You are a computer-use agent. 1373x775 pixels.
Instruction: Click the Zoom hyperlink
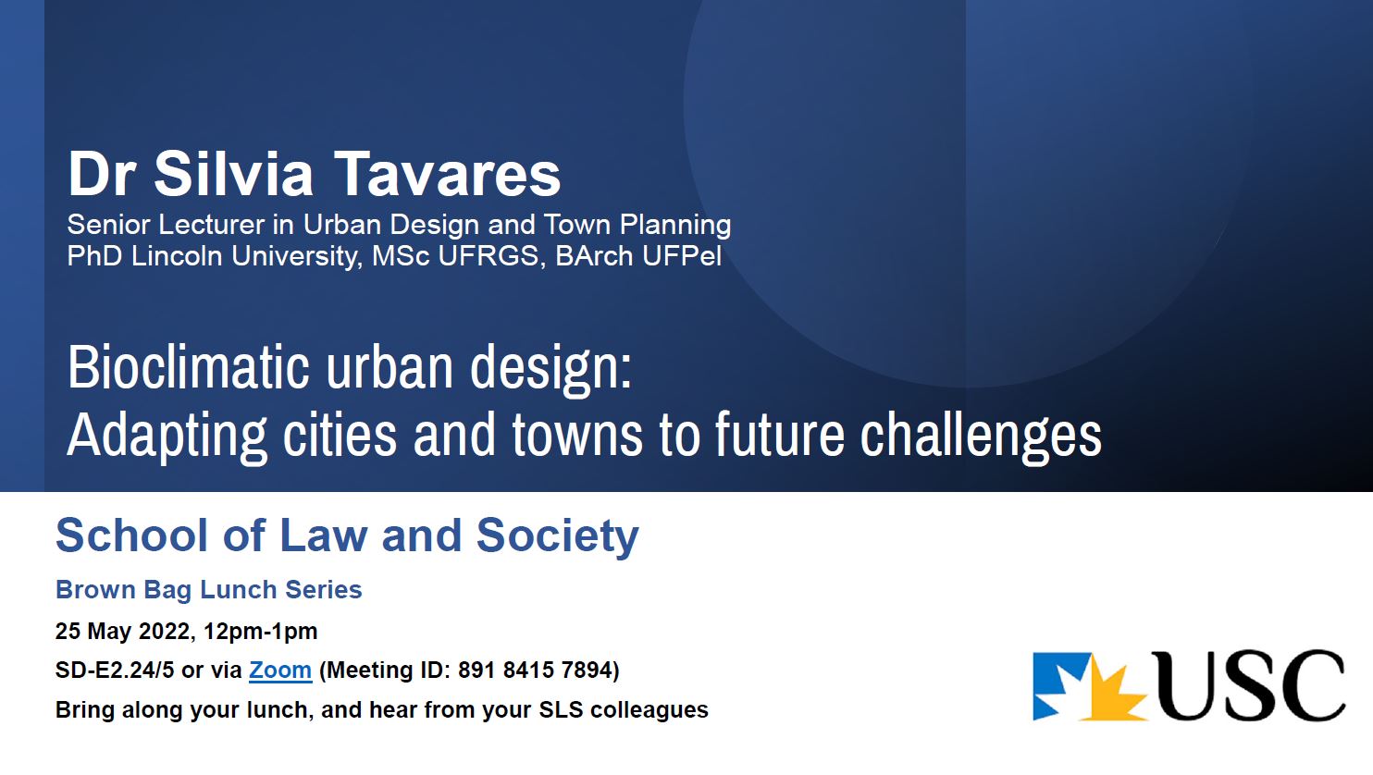point(280,670)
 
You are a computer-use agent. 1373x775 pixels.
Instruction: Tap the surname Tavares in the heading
point(447,174)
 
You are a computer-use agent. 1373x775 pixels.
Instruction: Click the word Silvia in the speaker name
point(233,174)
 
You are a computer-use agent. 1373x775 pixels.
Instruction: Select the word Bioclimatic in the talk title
point(188,367)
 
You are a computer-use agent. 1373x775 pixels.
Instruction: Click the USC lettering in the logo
point(1248,685)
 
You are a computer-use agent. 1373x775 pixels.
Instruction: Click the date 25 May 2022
point(125,631)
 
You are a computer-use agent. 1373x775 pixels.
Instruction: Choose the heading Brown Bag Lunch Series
point(208,590)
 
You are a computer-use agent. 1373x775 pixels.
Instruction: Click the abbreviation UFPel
point(682,256)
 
